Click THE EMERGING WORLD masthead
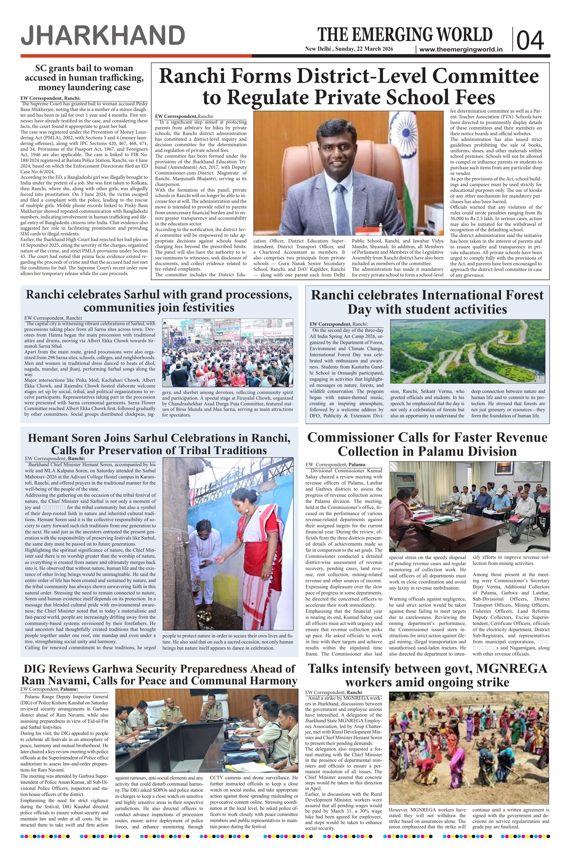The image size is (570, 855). [405, 35]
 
